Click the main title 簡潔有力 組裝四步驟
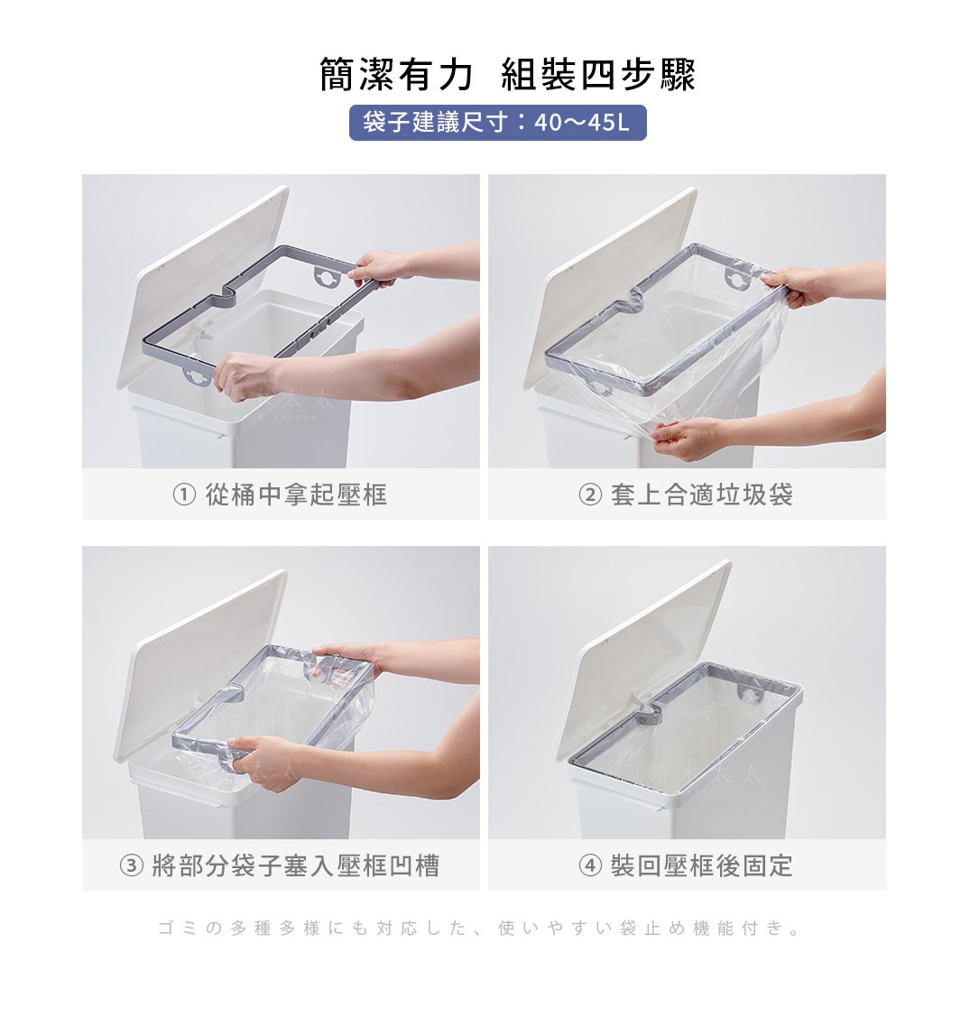[x=507, y=74]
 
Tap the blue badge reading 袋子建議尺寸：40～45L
[x=497, y=123]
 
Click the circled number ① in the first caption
[x=183, y=495]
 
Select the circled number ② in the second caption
[x=589, y=495]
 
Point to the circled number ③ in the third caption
[x=132, y=867]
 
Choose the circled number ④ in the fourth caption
[x=589, y=867]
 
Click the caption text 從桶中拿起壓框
[x=296, y=495]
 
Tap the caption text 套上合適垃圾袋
[x=702, y=495]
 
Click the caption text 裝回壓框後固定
[x=702, y=867]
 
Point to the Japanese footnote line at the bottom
[x=480, y=928]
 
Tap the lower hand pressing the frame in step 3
[x=258, y=758]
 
